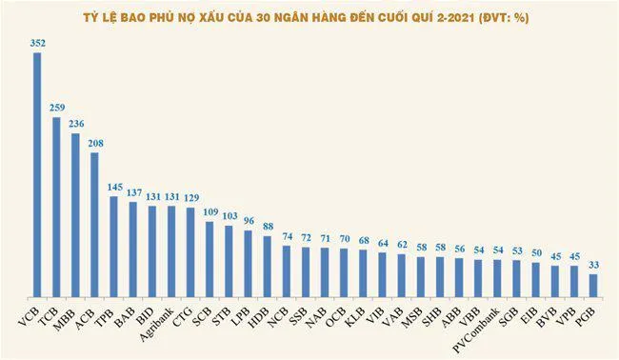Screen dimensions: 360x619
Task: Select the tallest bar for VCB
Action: pyautogui.click(x=37, y=171)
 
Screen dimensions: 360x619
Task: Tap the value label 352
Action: pyautogui.click(x=37, y=43)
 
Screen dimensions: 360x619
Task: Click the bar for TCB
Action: pyautogui.click(x=56, y=204)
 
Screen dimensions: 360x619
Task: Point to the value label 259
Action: pyautogui.click(x=56, y=109)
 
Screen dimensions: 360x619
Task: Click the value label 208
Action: pyautogui.click(x=95, y=144)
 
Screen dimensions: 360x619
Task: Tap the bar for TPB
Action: pyautogui.click(x=114, y=243)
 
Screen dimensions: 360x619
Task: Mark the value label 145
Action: pyautogui.click(x=114, y=189)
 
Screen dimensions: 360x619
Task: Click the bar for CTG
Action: pyautogui.click(x=190, y=249)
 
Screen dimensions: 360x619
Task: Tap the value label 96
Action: pyautogui.click(x=249, y=222)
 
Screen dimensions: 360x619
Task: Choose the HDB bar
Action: pyautogui.click(x=268, y=263)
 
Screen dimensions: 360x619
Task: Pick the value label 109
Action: pyautogui.click(x=210, y=213)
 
